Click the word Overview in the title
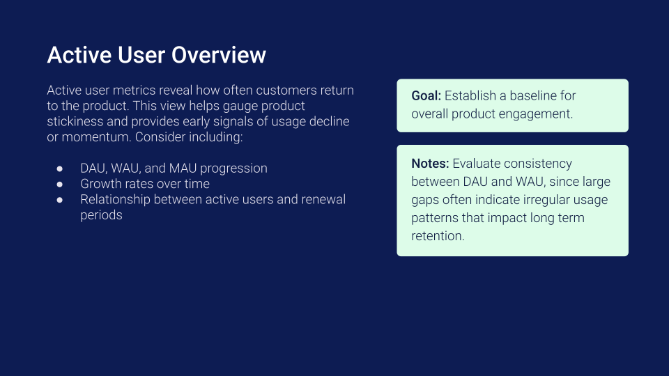click(x=219, y=55)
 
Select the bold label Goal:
click(x=426, y=96)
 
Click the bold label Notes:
click(x=430, y=163)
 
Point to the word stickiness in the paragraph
click(x=75, y=121)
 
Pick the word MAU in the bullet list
click(x=184, y=169)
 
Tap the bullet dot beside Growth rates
click(x=60, y=184)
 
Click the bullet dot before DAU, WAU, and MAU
click(x=60, y=169)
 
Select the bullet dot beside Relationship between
click(x=60, y=200)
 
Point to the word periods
click(x=101, y=215)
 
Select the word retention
click(x=438, y=236)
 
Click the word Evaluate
click(x=477, y=163)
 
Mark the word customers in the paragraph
click(x=286, y=91)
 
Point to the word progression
click(x=234, y=169)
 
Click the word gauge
click(x=240, y=106)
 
